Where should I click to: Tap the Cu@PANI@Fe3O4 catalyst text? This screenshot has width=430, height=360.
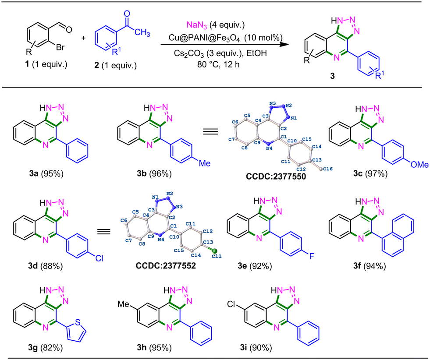click(204, 38)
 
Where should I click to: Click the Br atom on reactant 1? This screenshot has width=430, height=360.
click(60, 47)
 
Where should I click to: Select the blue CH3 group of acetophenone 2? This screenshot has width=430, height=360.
click(142, 33)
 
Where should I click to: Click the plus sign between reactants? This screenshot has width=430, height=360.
click(83, 38)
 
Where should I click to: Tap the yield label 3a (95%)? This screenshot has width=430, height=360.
click(46, 174)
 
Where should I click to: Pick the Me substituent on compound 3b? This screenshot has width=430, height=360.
click(205, 163)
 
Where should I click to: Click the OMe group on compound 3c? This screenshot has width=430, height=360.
click(419, 164)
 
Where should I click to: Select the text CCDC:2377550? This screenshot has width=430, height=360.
click(276, 176)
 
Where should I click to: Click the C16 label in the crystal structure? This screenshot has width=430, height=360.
click(328, 169)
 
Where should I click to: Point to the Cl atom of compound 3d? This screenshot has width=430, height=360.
click(99, 258)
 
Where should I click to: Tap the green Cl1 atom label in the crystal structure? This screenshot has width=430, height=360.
click(217, 256)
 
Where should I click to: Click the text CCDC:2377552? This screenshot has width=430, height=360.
click(166, 265)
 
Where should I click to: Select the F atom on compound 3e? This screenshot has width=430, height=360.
click(312, 256)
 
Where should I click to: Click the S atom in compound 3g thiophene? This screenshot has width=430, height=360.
click(78, 322)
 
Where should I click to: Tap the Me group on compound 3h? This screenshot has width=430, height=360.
click(124, 304)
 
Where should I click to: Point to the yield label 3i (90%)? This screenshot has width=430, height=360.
click(256, 348)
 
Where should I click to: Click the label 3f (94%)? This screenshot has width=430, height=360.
click(370, 266)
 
